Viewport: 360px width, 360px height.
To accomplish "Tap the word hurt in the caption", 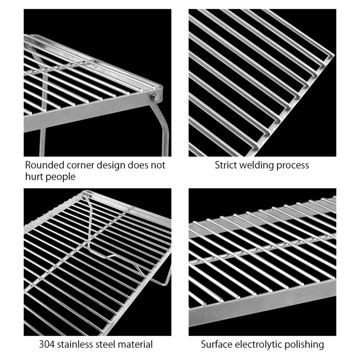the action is tap(35, 177).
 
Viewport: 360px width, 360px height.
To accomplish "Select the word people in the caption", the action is tap(61, 177).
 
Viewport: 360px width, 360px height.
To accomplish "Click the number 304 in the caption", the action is tap(47, 344).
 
